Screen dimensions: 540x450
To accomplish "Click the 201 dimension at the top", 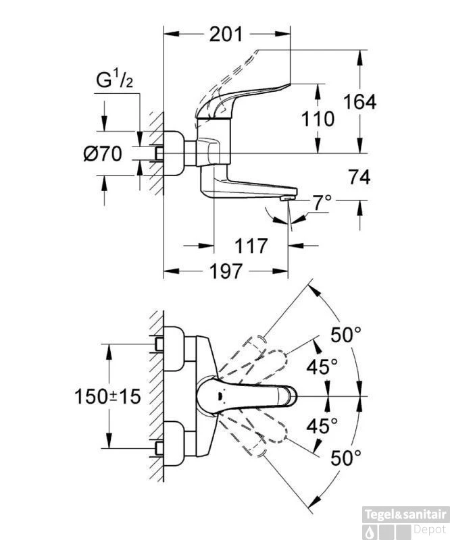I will [226, 34].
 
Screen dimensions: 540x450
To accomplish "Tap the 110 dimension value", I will [318, 119].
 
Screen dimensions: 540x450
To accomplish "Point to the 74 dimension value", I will [359, 178].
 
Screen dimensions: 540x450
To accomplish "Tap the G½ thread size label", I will [113, 82].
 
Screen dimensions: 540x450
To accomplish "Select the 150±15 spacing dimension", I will [107, 396].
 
